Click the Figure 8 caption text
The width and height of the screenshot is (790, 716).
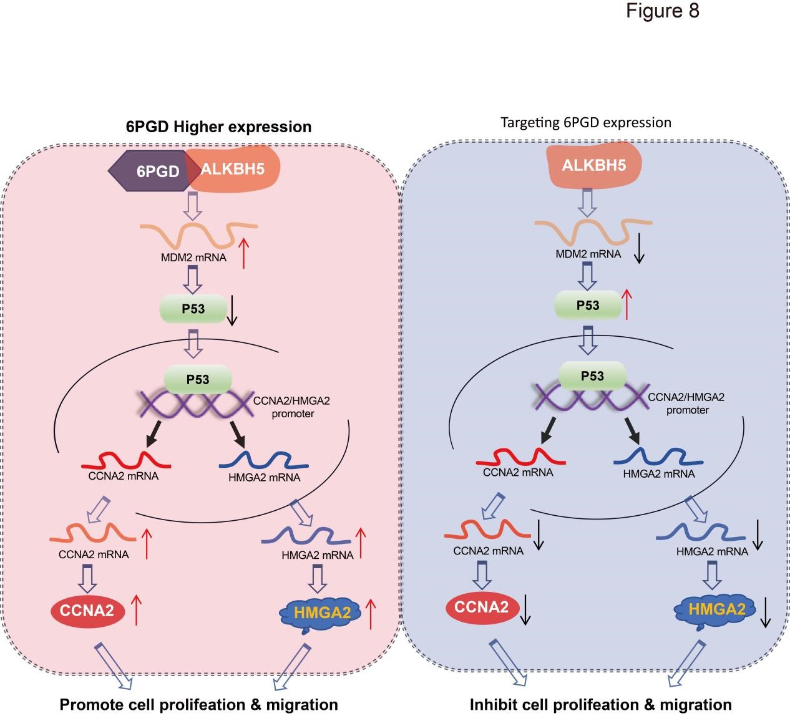coord(663,11)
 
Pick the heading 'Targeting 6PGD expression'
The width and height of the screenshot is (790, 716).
coord(586,122)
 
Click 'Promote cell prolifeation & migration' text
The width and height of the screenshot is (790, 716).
coord(198,705)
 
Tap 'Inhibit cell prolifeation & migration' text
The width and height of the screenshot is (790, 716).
coord(600,705)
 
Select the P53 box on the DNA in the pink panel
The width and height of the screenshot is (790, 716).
coord(198,379)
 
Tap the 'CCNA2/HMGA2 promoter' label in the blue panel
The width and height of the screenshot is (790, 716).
coord(686,403)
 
